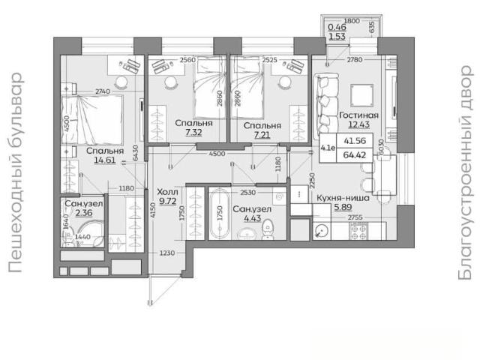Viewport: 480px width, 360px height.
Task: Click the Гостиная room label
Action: [x=358, y=115]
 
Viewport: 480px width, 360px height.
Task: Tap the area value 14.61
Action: [x=105, y=160]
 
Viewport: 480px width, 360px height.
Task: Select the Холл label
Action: [x=167, y=192]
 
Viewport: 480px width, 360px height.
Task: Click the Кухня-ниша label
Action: [x=343, y=198]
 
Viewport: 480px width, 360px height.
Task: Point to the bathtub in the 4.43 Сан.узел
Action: [x=219, y=214]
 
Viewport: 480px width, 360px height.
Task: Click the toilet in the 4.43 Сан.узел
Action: [x=268, y=229]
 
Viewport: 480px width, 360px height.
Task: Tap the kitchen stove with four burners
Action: [x=358, y=232]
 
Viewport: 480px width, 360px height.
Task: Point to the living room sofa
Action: [x=325, y=106]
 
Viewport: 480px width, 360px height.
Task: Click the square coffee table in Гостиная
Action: [x=361, y=95]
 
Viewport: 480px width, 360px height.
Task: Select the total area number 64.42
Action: [x=355, y=155]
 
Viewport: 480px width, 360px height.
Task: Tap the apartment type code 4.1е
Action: [x=328, y=148]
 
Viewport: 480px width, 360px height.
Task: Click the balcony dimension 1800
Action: [x=352, y=21]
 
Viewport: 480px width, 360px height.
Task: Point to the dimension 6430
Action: [x=135, y=153]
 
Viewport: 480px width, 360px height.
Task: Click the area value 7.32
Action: [x=193, y=132]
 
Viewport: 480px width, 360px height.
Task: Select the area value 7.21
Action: [x=262, y=135]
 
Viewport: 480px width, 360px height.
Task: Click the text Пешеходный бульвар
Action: [x=15, y=172]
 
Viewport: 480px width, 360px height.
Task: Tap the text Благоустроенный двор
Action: [x=465, y=172]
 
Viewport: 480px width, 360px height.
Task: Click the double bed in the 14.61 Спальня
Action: [x=91, y=119]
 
